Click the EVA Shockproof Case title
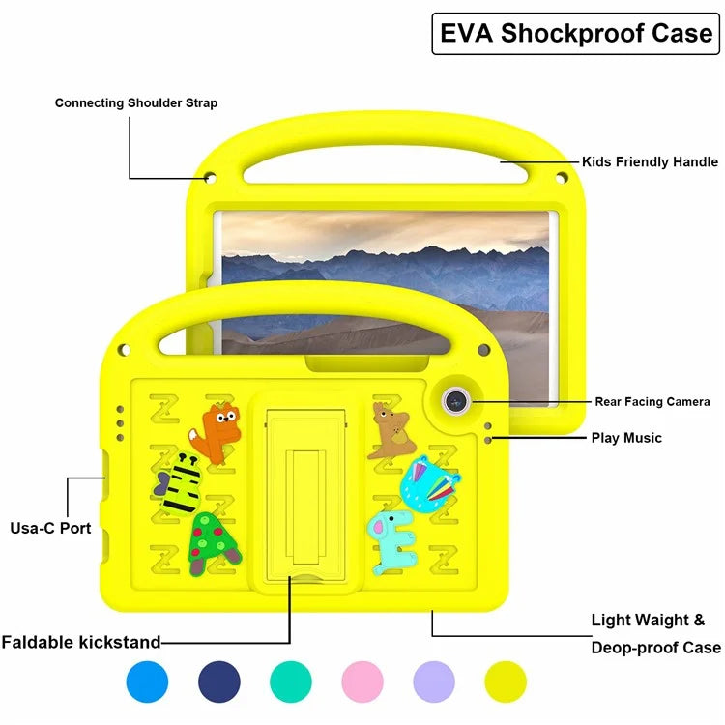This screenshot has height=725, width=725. coord(576,33)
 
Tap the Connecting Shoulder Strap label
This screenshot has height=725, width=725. coord(136,102)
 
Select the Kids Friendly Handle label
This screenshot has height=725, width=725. coord(650,161)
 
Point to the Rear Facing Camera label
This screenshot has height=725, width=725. coord(652,401)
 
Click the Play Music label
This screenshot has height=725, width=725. coord(626,438)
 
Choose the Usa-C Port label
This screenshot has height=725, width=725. coord(50,528)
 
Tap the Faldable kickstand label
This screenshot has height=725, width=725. coord(81,641)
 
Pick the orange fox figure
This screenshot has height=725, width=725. coord(219,430)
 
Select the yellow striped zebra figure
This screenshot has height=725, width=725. coord(181,485)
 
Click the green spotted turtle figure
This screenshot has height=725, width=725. coord(215,543)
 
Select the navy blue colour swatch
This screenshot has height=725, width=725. coord(219,681)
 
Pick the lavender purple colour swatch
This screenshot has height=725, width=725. coord(434,681)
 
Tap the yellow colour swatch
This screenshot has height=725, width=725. coord(506,681)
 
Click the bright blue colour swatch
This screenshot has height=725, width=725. coord(147,681)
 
